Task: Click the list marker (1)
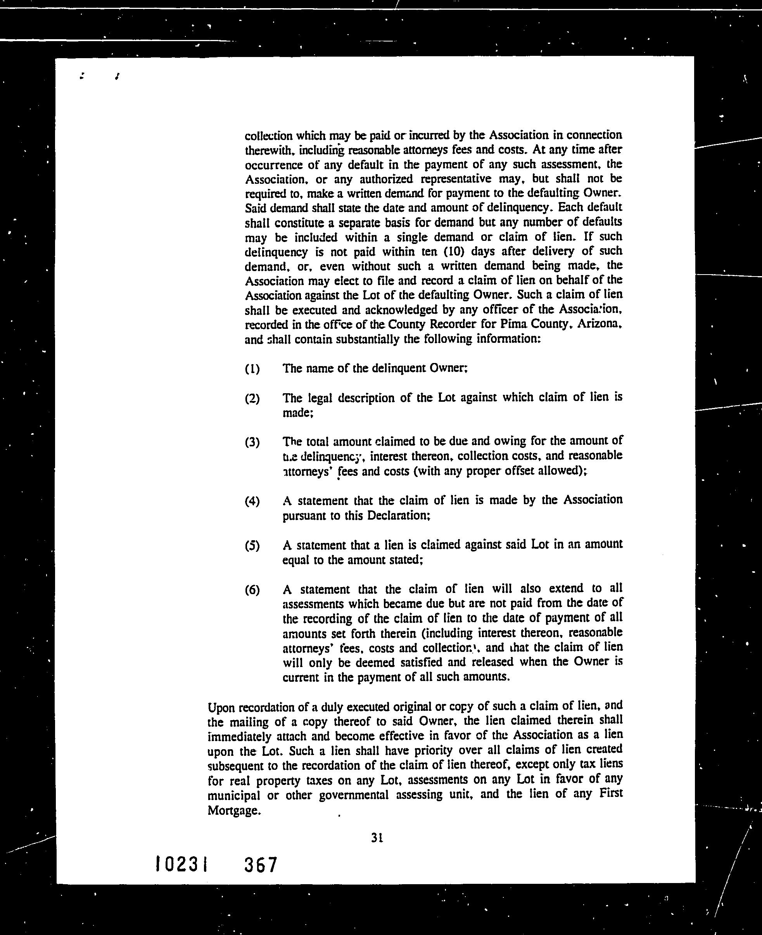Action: pos(252,369)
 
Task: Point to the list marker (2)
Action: pos(252,399)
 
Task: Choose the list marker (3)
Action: pos(252,442)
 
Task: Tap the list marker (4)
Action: pos(252,501)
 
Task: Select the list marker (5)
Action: pos(252,546)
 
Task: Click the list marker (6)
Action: pos(252,590)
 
